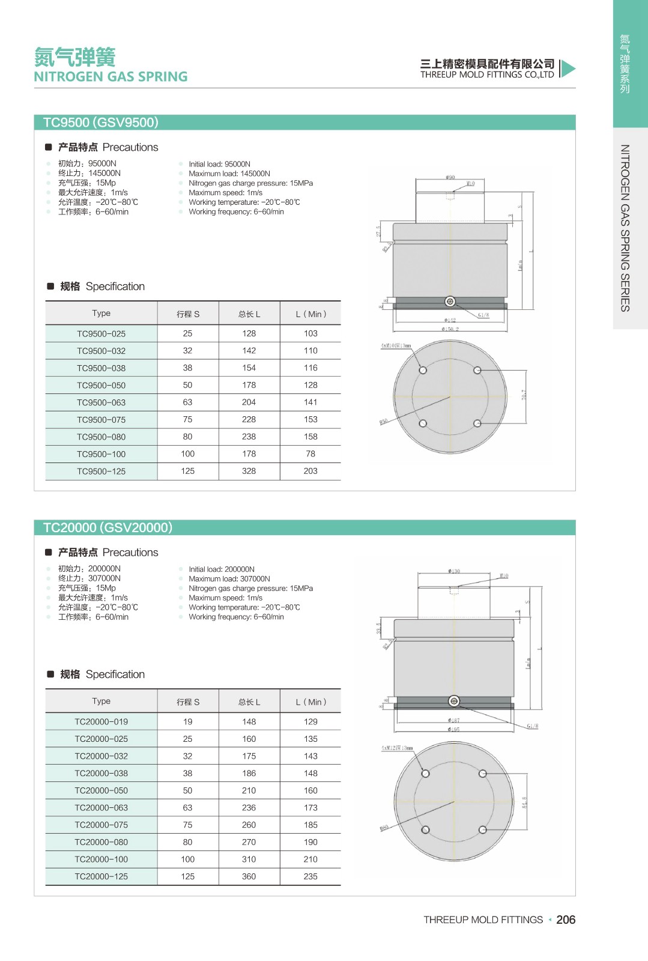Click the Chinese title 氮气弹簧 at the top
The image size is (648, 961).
(x=74, y=57)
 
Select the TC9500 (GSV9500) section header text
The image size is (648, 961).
(x=100, y=123)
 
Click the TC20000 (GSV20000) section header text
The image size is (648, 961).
(x=107, y=527)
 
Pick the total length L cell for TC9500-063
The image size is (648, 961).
(x=249, y=402)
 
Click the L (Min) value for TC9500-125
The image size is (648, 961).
(x=310, y=471)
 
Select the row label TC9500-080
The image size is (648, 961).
(x=101, y=437)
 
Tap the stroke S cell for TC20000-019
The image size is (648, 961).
(x=187, y=721)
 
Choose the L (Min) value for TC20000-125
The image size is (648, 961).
(x=310, y=876)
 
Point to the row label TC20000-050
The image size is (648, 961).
(x=101, y=790)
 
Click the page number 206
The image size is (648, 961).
(x=566, y=920)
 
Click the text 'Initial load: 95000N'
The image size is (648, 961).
(x=219, y=164)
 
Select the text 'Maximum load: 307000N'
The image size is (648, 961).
(x=229, y=579)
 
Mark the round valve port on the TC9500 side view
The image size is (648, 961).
(x=450, y=302)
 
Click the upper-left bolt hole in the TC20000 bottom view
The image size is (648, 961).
(x=425, y=774)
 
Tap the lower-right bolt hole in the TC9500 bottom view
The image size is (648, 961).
(x=477, y=423)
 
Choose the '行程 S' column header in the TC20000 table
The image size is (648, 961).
(x=187, y=702)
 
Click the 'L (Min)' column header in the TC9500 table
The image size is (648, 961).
(x=310, y=314)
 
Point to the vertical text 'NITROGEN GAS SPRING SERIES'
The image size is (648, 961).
(x=625, y=228)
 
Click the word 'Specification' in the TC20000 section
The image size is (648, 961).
(x=115, y=675)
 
